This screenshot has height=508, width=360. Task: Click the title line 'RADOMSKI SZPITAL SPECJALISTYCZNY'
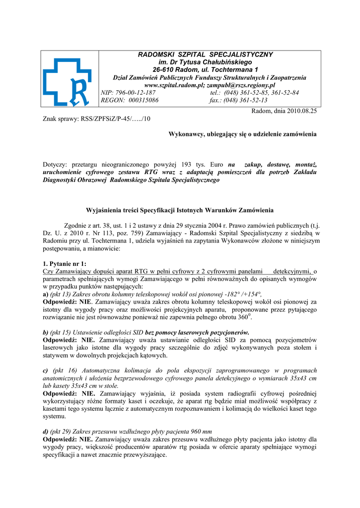(205, 54)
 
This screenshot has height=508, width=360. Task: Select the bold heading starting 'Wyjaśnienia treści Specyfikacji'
(180, 210)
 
